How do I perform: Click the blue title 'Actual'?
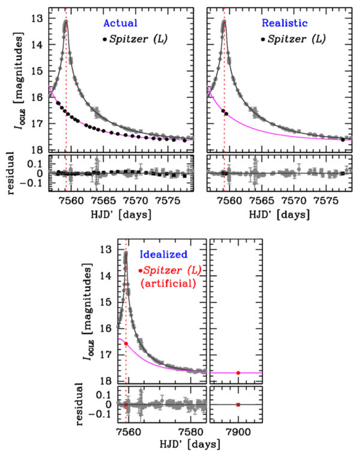[121, 23]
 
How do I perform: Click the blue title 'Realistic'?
[284, 23]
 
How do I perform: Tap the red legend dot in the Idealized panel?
[140, 271]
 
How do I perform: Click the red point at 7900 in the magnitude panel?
[238, 373]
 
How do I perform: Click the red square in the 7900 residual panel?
[238, 404]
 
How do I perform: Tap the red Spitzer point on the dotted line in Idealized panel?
[126, 343]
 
